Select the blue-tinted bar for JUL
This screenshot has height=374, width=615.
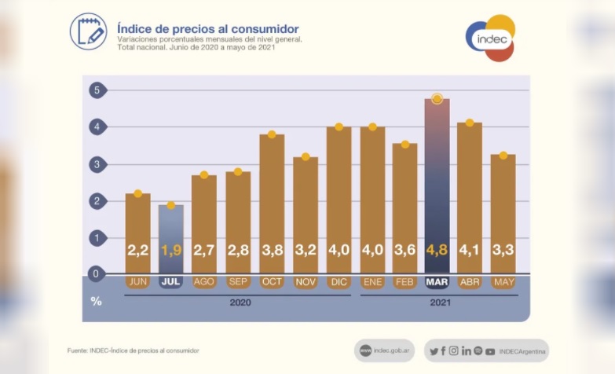171,239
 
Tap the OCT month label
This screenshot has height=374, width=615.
271,281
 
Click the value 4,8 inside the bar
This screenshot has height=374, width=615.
437,251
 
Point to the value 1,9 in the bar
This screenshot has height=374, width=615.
171,251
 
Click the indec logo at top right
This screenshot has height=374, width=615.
489,37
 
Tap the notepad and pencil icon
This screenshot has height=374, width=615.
88,31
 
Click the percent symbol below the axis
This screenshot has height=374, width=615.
96,300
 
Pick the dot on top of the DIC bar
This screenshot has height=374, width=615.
339,126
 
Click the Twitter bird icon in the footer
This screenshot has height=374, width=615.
434,350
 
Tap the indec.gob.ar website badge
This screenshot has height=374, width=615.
384,350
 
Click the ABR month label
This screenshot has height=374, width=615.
470,281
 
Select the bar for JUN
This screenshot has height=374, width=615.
137,233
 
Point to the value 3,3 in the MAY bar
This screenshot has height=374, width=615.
503,251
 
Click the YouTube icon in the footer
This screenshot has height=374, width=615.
490,350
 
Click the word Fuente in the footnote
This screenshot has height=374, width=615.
76,350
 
